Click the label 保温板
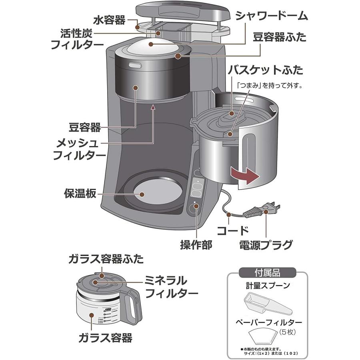tap(80, 194)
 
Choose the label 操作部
tap(196, 244)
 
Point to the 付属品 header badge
tap(267, 274)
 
